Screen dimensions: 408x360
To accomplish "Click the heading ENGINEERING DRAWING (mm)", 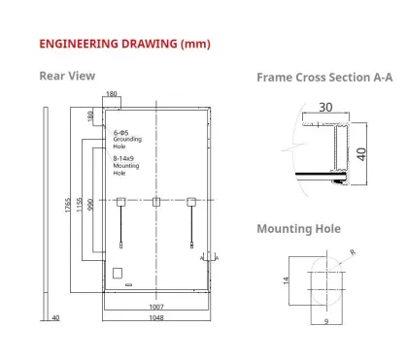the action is (124, 44).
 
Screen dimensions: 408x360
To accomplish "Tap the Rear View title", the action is (67, 76).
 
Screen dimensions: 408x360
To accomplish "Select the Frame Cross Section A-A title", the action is (324, 78).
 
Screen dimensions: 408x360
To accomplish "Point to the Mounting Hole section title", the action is (298, 229).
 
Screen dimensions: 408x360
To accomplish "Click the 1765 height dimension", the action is (68, 205).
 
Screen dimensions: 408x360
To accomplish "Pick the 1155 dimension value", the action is (80, 205).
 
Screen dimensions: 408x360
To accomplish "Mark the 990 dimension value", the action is (90, 205).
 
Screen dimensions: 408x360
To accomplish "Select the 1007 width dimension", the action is (156, 307).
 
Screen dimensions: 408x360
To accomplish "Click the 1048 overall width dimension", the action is (156, 318).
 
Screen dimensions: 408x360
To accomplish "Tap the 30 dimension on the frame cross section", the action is (325, 108).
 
